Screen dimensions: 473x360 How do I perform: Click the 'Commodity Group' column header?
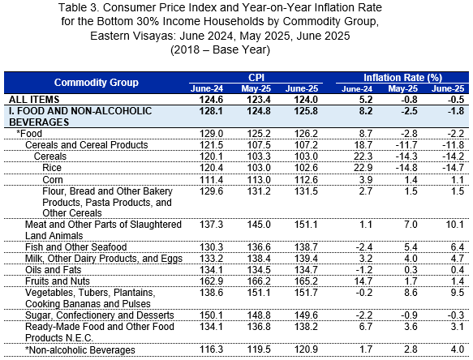pyautogui.click(x=97, y=83)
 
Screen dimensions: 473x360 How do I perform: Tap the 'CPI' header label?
pyautogui.click(x=256, y=78)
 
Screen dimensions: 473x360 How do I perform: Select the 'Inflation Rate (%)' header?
pyautogui.click(x=402, y=78)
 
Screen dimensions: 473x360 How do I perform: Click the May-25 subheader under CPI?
pyautogui.click(x=256, y=88)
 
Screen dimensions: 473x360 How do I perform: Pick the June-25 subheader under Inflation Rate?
pyautogui.click(x=448, y=88)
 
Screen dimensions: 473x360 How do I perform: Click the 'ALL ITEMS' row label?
pyautogui.click(x=34, y=100)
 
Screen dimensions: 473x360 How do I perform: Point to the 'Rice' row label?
pyautogui.click(x=52, y=168)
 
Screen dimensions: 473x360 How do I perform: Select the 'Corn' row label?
pyautogui.click(x=53, y=180)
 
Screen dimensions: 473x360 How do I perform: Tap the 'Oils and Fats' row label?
pyautogui.click(x=53, y=270)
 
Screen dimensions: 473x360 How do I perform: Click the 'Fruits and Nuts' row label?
pyautogui.click(x=58, y=281)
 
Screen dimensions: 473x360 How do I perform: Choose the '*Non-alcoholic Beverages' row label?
pyautogui.click(x=80, y=350)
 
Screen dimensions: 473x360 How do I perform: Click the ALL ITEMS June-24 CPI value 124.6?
pyautogui.click(x=211, y=100)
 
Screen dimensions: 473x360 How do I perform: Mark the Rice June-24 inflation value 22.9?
pyautogui.click(x=363, y=168)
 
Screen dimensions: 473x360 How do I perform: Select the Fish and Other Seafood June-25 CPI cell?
pyautogui.click(x=306, y=247)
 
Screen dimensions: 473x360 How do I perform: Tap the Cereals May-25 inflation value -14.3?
pyautogui.click(x=406, y=156)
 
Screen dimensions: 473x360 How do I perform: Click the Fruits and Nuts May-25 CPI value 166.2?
pyautogui.click(x=259, y=281)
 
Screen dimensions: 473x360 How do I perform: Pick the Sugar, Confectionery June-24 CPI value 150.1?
pyautogui.click(x=211, y=315)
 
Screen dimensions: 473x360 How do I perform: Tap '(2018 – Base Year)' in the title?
pyautogui.click(x=220, y=49)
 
